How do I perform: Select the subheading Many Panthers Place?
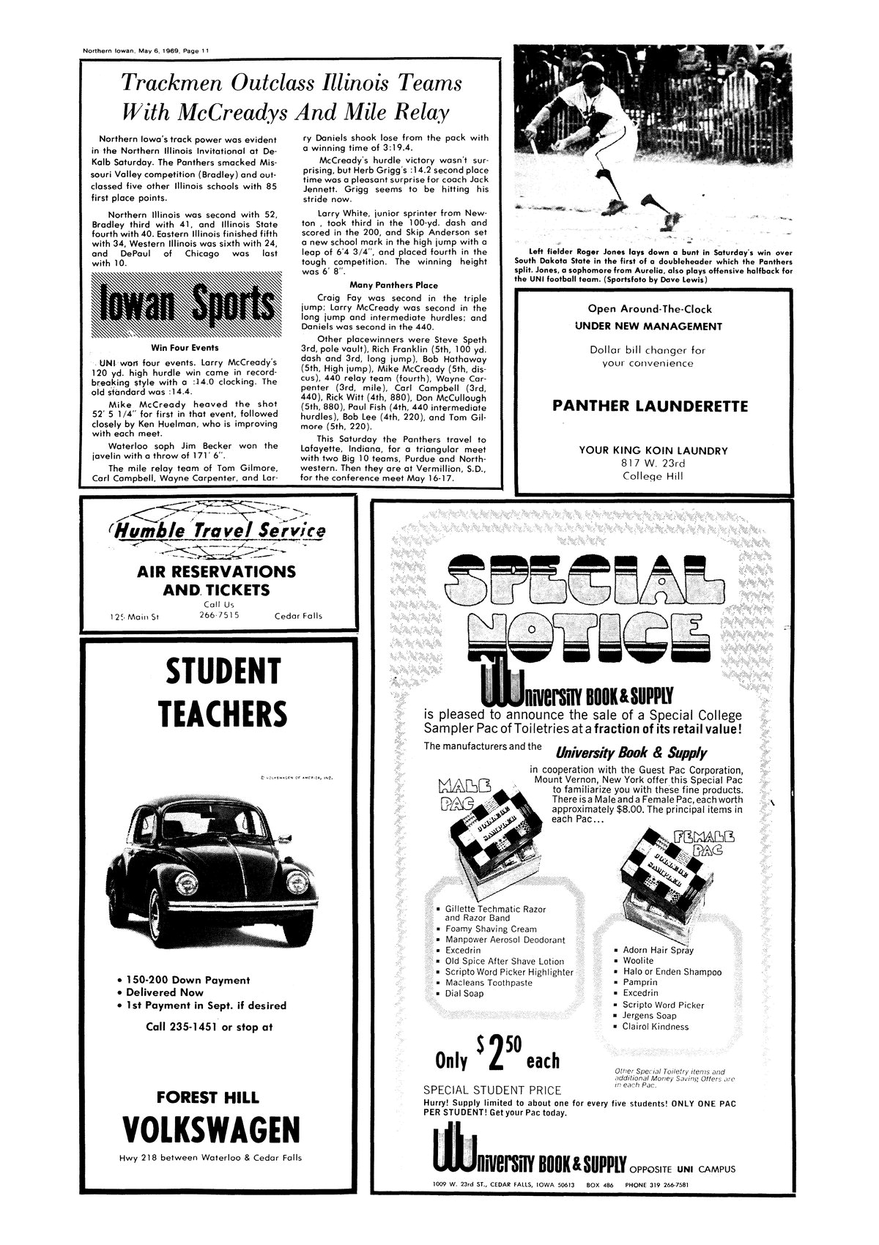tap(393, 285)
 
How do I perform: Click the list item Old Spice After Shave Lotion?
tap(504, 961)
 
